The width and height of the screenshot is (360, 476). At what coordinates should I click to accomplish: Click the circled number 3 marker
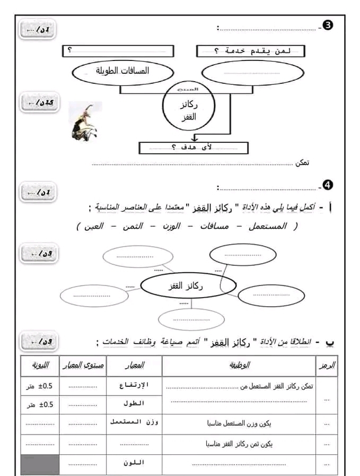[x=328, y=26]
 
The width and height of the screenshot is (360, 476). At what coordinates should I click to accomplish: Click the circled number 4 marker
[x=328, y=185]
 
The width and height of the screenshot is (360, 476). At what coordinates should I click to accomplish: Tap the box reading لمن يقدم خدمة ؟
[x=251, y=50]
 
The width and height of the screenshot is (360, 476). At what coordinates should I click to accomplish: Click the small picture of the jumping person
[x=85, y=121]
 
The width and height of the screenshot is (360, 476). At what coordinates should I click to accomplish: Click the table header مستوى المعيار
[x=83, y=366]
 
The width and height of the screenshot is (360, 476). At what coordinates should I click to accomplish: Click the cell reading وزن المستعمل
[x=135, y=422]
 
